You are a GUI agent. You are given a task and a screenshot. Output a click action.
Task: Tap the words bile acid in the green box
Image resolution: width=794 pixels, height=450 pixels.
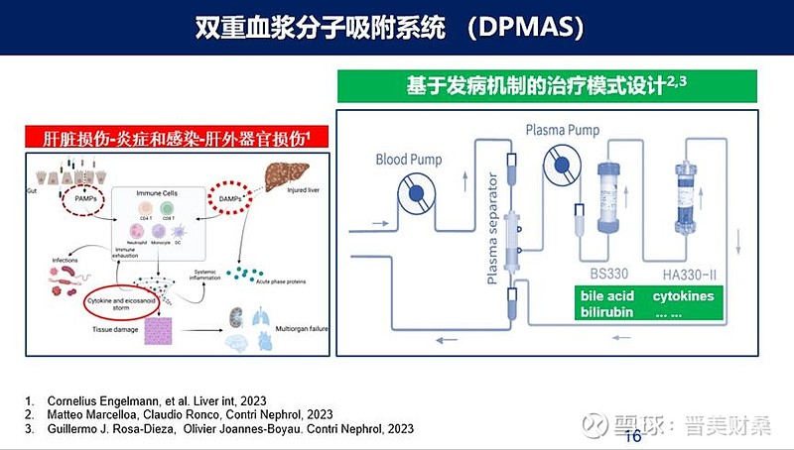coord(607,295)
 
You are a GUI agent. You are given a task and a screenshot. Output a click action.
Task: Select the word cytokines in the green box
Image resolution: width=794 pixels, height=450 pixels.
coord(683,295)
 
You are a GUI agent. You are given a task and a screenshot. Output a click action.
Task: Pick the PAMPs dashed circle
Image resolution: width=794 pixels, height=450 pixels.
coord(78,197)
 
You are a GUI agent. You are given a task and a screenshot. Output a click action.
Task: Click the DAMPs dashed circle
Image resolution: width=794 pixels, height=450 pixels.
coord(232,197)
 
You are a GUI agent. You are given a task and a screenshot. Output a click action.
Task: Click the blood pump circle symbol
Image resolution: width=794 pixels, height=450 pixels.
coord(416,193)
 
